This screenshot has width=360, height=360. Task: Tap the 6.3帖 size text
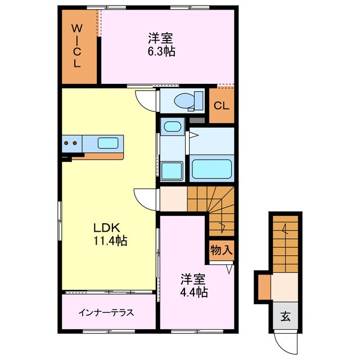coord(160,51)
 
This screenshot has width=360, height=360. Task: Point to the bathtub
coord(212,168)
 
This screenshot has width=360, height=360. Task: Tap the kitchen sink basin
coord(107,143)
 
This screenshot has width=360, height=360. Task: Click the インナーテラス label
coord(106,312)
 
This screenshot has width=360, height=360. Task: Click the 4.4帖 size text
coord(193,292)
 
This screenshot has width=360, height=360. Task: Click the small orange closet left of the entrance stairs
coord(263,286)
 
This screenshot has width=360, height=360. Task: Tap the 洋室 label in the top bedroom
coord(160,39)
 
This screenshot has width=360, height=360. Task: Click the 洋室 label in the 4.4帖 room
coord(192,279)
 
